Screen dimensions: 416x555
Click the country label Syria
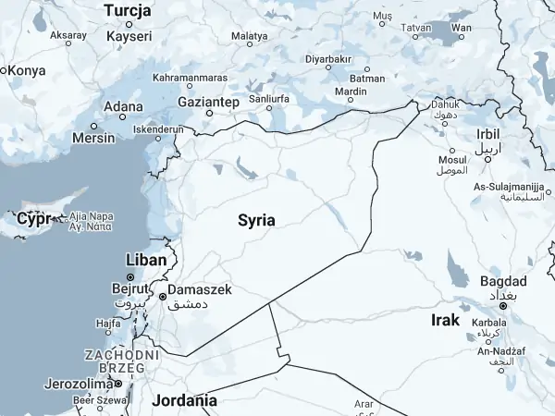point(256,220)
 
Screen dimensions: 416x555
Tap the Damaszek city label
point(200,290)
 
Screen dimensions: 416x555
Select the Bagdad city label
point(503,281)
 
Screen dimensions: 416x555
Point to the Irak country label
point(445,320)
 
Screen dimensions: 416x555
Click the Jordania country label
point(186,400)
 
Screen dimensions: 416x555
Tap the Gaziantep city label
point(209,100)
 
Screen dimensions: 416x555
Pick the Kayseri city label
point(129,36)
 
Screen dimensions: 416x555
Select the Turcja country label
point(129,10)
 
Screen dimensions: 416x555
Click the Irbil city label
point(488,134)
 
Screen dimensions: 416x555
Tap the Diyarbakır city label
point(330,58)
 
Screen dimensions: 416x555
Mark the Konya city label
point(27,69)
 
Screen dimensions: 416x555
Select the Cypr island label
point(33,219)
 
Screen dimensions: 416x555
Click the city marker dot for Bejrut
point(130,277)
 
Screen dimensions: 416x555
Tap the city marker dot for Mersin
point(93,126)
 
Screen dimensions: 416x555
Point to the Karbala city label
point(489,323)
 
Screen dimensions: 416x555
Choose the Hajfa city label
point(107,324)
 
